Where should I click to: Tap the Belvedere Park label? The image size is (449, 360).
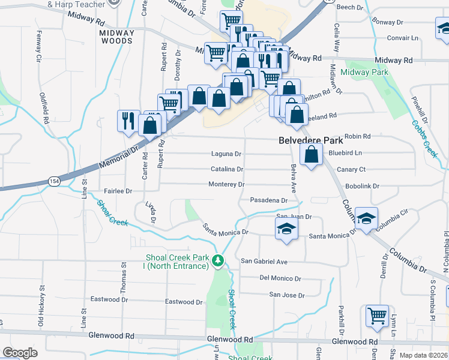[x=311, y=140]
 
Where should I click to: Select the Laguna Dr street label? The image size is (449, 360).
[x=226, y=154]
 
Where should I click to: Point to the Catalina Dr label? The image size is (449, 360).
[x=226, y=170]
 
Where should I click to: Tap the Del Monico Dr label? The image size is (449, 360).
[x=280, y=278]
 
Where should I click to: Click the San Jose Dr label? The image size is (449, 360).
[x=286, y=295]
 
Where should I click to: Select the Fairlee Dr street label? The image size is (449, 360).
[x=118, y=191]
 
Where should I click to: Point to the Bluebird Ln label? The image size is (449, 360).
[x=345, y=154]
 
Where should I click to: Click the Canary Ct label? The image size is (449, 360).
[x=351, y=169]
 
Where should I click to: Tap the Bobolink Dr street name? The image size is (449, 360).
[x=363, y=186]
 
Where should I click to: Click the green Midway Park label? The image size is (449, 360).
[x=364, y=73]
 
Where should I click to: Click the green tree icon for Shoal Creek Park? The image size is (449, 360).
[x=218, y=260]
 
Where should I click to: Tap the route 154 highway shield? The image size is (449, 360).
[x=55, y=181]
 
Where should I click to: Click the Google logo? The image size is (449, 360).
[x=20, y=353]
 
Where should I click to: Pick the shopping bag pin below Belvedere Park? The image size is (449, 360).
[x=311, y=156]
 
